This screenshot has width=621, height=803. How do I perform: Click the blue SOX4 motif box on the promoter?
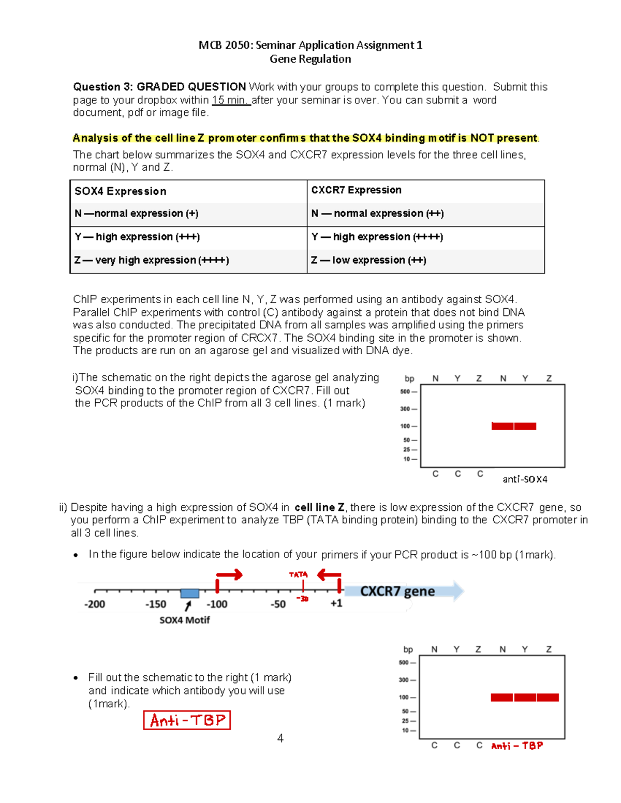(x=189, y=593)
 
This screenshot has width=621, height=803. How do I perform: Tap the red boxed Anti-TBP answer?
(x=187, y=720)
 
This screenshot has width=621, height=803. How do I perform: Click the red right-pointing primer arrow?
(x=229, y=575)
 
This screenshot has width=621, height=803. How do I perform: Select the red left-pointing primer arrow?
(x=329, y=574)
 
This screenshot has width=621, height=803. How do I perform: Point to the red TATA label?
(x=298, y=574)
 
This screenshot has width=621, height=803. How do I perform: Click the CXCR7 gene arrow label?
(x=397, y=591)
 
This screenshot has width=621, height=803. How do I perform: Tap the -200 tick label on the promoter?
(x=94, y=604)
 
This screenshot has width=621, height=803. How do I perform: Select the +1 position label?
(x=336, y=603)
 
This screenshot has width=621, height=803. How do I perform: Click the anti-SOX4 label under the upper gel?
(x=525, y=479)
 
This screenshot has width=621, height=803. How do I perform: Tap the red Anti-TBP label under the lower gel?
(x=517, y=746)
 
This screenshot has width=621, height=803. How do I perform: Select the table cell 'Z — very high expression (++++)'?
(x=152, y=260)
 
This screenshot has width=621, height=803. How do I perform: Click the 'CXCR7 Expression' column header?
(x=356, y=190)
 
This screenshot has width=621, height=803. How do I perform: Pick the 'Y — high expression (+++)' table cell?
(x=137, y=237)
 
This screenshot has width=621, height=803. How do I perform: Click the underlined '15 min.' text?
(x=231, y=100)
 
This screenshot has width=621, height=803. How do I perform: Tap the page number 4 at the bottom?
(x=280, y=738)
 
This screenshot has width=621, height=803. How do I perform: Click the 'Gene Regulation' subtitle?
(x=310, y=59)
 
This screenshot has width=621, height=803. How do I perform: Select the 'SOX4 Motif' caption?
(x=184, y=620)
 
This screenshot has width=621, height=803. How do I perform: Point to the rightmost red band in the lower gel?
(x=548, y=698)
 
